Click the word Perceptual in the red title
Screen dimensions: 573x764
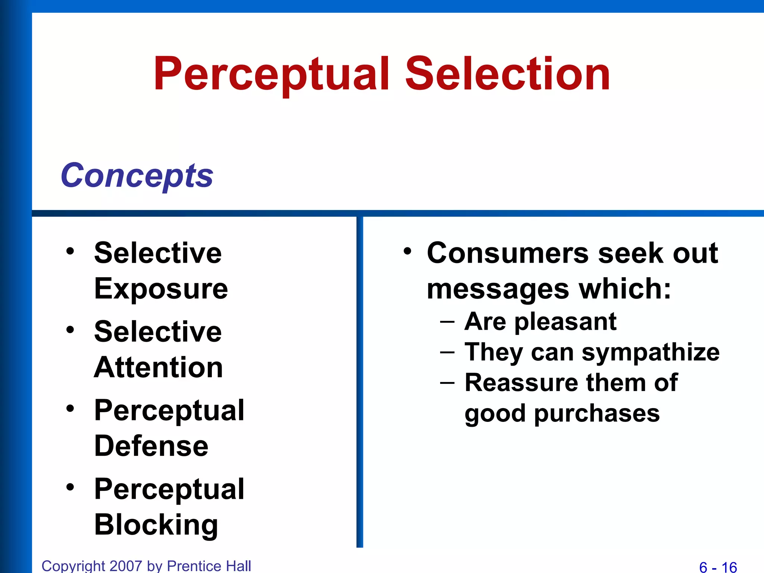272,74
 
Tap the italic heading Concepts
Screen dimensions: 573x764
137,175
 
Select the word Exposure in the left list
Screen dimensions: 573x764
161,289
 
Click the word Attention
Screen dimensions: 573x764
159,367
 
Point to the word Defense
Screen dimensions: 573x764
151,446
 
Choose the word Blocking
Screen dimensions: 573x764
156,525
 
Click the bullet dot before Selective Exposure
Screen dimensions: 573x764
70,251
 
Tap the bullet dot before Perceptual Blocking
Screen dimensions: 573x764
70,487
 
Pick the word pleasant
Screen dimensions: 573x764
565,322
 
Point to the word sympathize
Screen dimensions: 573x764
651,353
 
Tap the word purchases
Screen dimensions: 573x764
597,414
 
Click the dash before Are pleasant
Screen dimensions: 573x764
447,322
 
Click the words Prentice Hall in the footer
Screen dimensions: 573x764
209,566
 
